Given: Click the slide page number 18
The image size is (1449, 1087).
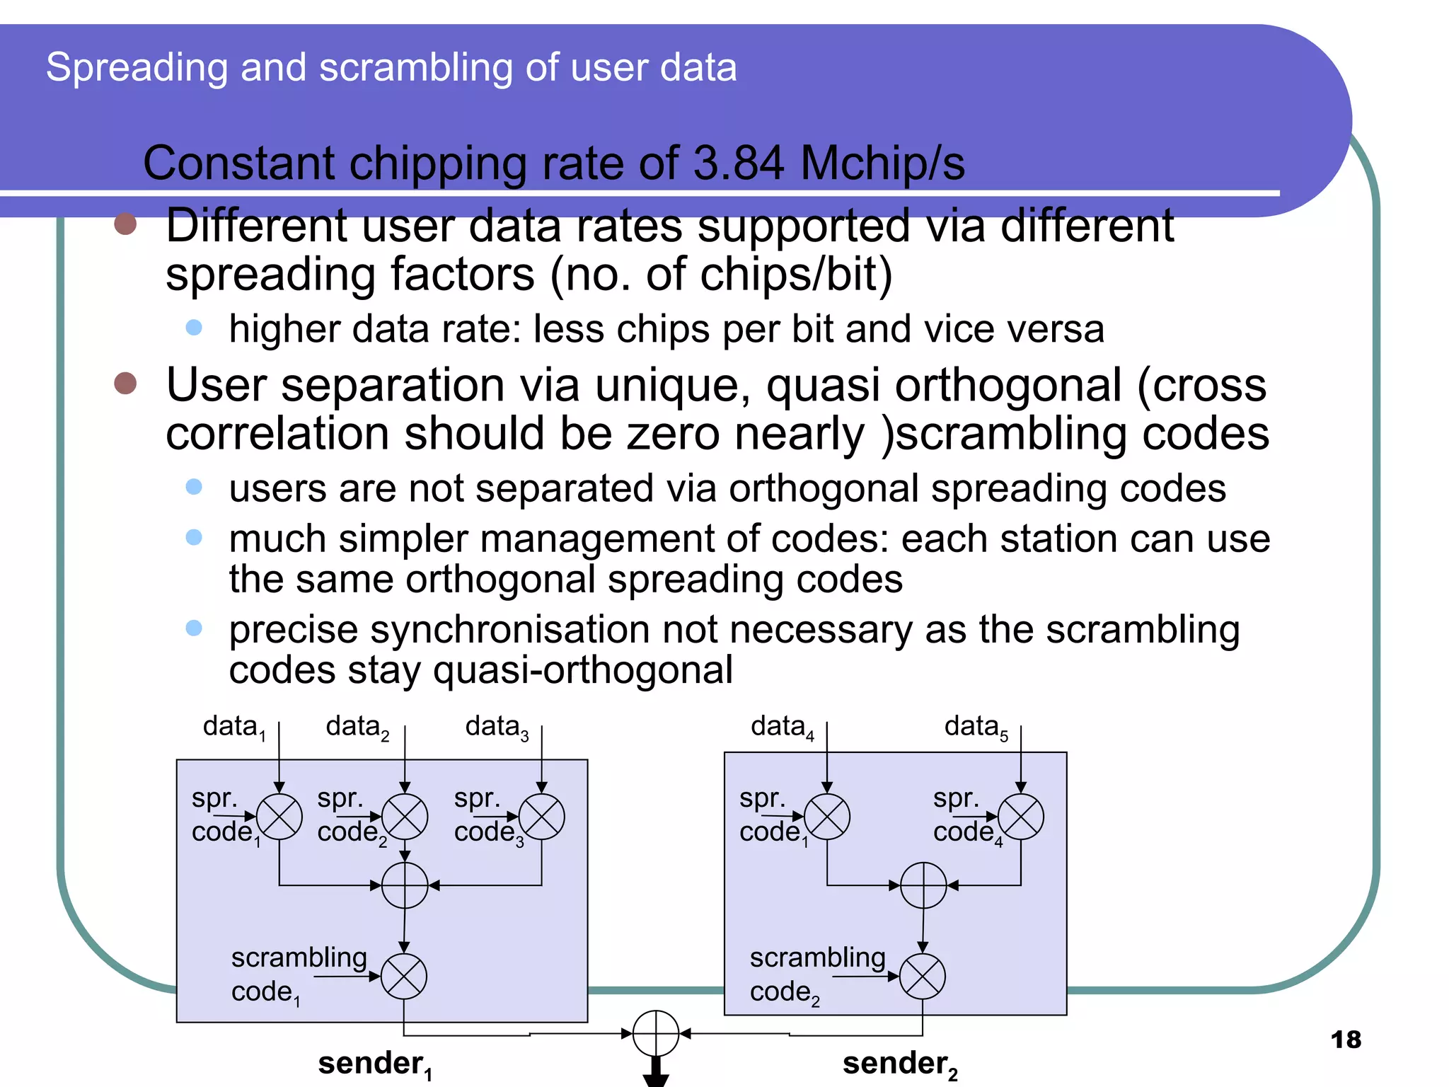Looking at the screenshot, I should click(1345, 1040).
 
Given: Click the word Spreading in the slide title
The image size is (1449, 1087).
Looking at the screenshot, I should click(137, 68).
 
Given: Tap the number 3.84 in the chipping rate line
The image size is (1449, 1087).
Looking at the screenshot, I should click(738, 163).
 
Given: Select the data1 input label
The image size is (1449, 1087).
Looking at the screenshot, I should click(233, 727).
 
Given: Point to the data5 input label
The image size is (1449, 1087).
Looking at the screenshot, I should click(976, 727).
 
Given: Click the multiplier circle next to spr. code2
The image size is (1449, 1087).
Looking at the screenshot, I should click(405, 817).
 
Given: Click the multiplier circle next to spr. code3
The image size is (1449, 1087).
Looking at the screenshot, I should click(541, 817).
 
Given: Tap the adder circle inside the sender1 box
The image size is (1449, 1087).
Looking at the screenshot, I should click(405, 885).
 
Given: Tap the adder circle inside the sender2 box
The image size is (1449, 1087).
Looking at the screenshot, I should click(923, 885).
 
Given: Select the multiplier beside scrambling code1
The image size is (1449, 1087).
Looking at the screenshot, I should click(404, 977).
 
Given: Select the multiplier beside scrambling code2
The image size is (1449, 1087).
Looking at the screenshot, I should click(923, 977).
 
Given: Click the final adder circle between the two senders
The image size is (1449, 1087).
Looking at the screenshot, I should click(656, 1034).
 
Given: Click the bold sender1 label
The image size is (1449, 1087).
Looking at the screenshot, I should click(375, 1064).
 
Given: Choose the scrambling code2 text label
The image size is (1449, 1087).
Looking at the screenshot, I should click(816, 974).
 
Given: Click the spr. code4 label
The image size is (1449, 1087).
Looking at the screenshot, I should click(966, 815).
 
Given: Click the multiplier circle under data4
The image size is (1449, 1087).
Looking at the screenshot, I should click(827, 817).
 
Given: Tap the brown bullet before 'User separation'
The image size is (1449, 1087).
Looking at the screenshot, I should click(125, 383).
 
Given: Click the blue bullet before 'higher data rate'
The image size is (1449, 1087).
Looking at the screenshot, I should click(194, 328).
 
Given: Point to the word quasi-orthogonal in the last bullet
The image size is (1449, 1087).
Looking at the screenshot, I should click(583, 670).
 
